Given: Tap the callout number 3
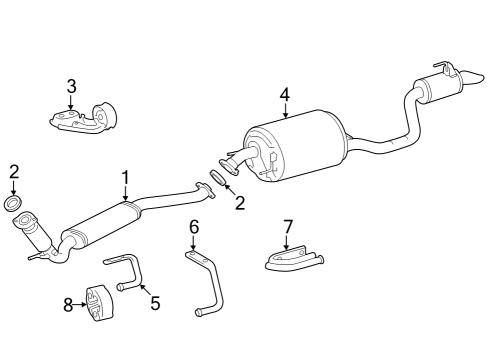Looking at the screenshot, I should pyautogui.click(x=71, y=86).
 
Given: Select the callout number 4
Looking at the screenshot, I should pyautogui.click(x=284, y=95).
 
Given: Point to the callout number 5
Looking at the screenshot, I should pyautogui.click(x=155, y=302).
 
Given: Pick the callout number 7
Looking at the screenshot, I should pyautogui.click(x=287, y=228).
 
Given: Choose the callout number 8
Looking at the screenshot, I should pyautogui.click(x=68, y=305).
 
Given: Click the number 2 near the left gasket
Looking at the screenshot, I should pyautogui.click(x=13, y=171).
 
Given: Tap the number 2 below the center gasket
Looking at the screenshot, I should pyautogui.click(x=240, y=204).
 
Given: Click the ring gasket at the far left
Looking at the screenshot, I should pyautogui.click(x=14, y=205).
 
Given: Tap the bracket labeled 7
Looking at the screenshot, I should pyautogui.click(x=293, y=260).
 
